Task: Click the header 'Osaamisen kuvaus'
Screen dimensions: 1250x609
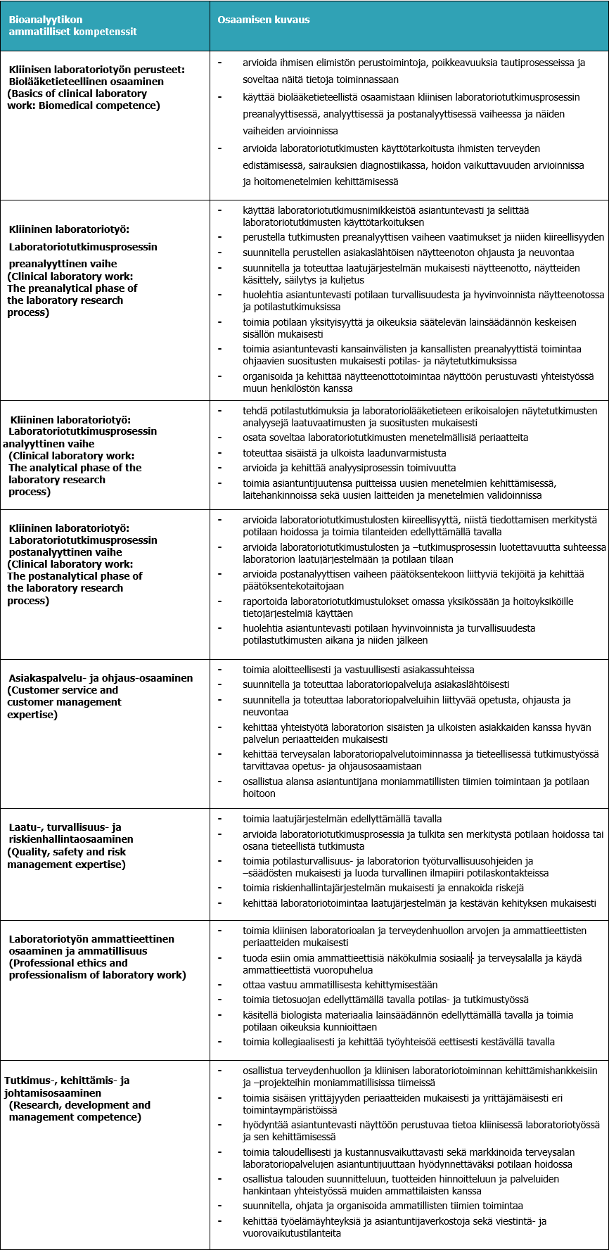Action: click(264, 20)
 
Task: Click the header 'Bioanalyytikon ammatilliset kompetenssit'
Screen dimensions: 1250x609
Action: click(72, 25)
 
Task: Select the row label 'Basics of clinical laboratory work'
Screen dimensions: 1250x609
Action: click(84, 99)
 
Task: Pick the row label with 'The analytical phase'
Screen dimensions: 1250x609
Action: click(75, 468)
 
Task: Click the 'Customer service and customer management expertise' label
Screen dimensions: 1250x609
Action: click(65, 702)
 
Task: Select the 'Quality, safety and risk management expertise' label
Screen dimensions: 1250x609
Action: click(67, 858)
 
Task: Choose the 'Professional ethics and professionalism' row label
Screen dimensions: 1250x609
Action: click(97, 969)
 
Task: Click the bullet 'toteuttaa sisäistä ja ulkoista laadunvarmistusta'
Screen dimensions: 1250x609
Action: click(345, 453)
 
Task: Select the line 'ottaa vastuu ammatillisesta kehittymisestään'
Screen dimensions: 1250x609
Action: click(340, 985)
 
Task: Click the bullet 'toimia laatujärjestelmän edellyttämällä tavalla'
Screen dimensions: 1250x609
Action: click(342, 819)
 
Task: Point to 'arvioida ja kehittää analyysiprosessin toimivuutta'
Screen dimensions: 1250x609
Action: click(350, 468)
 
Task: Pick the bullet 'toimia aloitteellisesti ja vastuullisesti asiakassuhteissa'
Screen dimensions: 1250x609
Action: click(359, 670)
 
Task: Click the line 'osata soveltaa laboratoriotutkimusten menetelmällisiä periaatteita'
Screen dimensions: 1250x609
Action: click(385, 438)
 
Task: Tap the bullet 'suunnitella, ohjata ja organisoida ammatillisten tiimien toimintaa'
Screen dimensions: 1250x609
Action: click(383, 1206)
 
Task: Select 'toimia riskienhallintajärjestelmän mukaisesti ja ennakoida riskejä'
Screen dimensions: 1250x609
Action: click(383, 888)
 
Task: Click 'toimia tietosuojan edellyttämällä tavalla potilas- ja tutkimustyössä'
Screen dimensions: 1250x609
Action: click(386, 1000)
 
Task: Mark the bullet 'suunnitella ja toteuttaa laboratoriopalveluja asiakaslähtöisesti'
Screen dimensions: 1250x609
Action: click(376, 684)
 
